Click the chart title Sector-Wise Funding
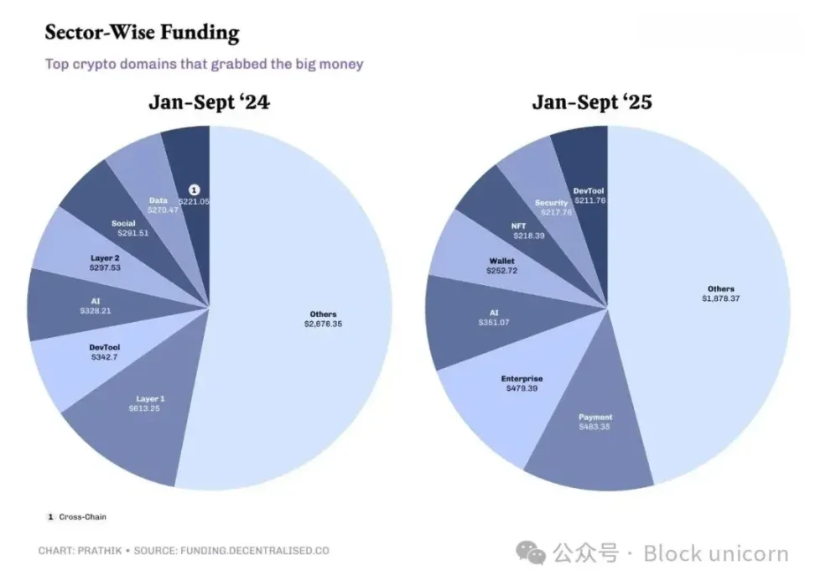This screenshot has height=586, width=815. [142, 34]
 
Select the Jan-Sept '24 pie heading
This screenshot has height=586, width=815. [210, 102]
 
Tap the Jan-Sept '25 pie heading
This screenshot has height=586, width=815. [592, 102]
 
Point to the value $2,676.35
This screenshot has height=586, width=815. [322, 324]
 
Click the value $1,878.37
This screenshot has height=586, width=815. [720, 298]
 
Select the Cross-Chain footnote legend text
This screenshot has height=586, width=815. [82, 516]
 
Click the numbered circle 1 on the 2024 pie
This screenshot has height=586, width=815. [195, 191]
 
